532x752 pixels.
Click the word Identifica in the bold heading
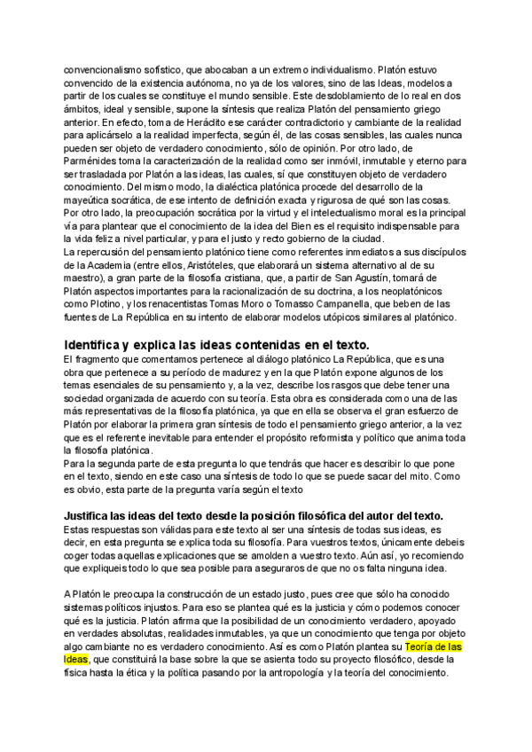tap(97, 344)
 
